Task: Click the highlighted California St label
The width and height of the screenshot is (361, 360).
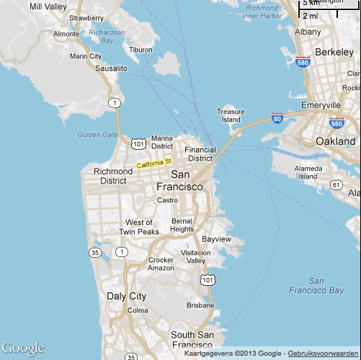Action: tap(154, 164)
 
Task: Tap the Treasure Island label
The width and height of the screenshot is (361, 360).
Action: tap(231, 115)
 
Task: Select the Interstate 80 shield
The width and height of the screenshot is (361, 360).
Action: tap(277, 118)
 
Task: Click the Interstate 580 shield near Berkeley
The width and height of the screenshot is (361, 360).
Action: tap(303, 63)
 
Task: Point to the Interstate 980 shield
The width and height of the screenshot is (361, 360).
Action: tap(335, 123)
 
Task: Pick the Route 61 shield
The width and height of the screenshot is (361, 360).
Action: tap(336, 185)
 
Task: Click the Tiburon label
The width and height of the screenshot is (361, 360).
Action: tap(141, 50)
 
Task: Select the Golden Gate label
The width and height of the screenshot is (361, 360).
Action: tap(97, 134)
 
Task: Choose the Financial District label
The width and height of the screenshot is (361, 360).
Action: tap(200, 154)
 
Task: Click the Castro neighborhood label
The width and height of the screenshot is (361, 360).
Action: tap(167, 200)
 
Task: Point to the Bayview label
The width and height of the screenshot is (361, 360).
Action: tap(217, 238)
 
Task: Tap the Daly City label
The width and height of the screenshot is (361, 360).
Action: tap(126, 296)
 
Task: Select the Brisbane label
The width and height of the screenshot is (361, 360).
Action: tap(200, 305)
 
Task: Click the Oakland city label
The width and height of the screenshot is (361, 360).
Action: tap(336, 142)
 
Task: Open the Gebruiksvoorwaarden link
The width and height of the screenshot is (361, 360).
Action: tap(323, 354)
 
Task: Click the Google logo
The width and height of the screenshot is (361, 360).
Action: tap(24, 348)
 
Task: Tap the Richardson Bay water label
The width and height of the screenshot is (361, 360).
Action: tap(107, 37)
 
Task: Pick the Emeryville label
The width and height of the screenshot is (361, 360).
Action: tap(321, 105)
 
